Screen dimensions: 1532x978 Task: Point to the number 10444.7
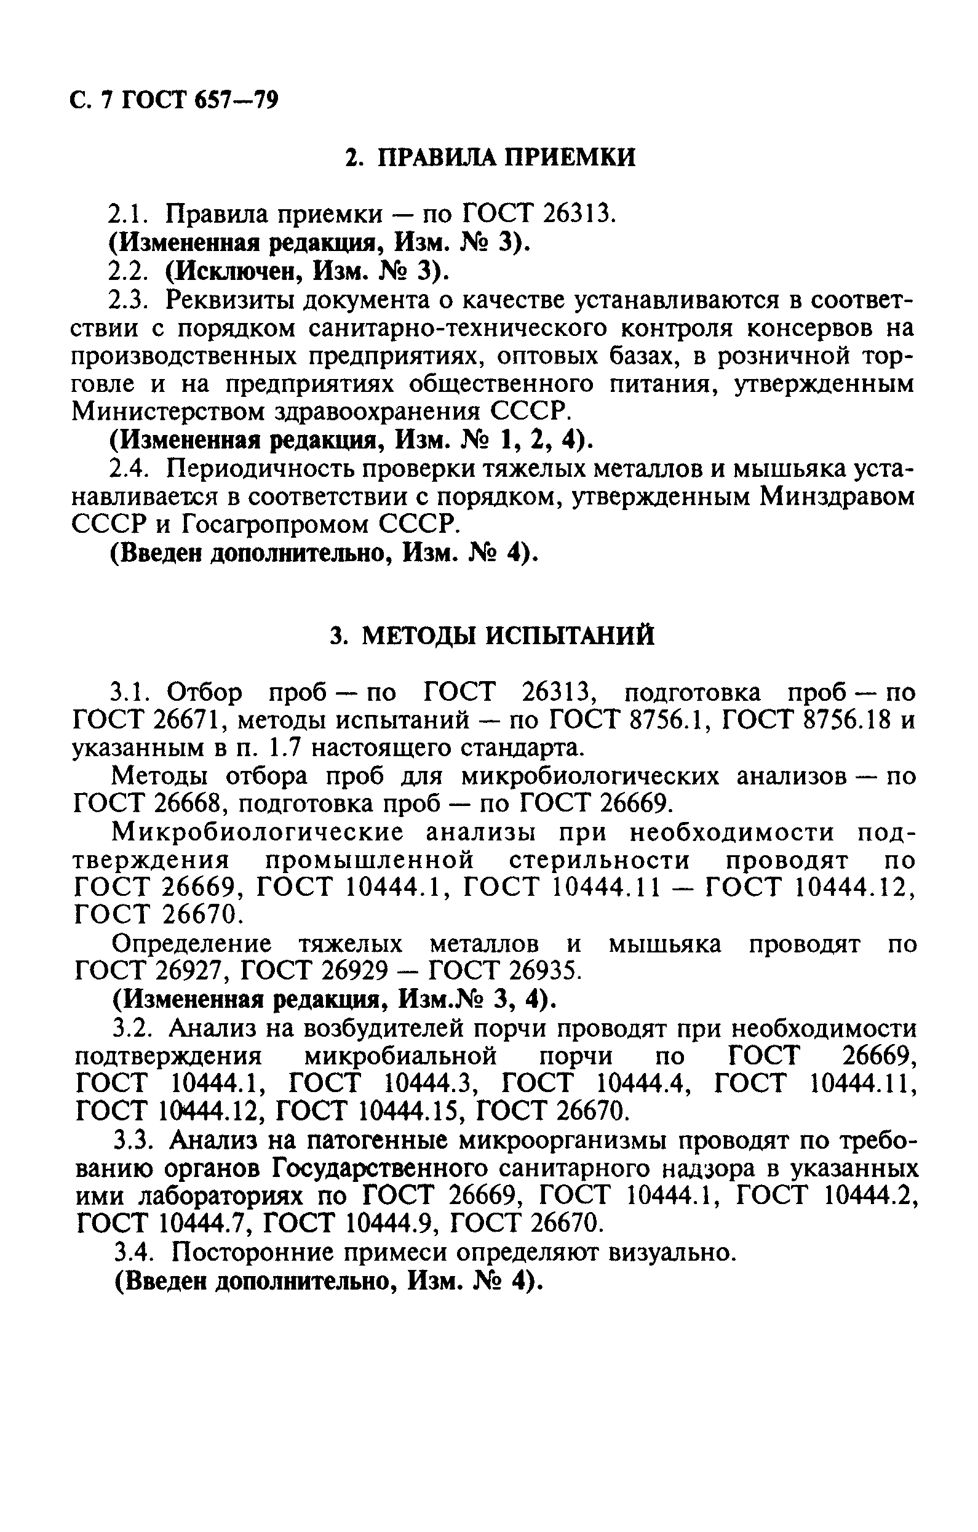click(x=204, y=1225)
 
